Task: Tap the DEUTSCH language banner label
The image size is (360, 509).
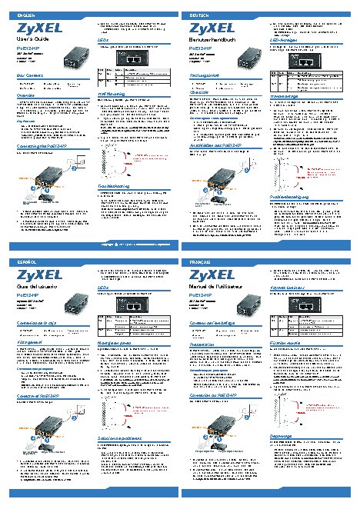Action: tap(198, 15)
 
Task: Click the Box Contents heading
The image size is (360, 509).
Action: tap(30, 75)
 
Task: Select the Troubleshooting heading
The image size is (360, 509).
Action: tap(116, 187)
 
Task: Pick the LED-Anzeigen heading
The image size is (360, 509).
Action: tap(286, 42)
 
